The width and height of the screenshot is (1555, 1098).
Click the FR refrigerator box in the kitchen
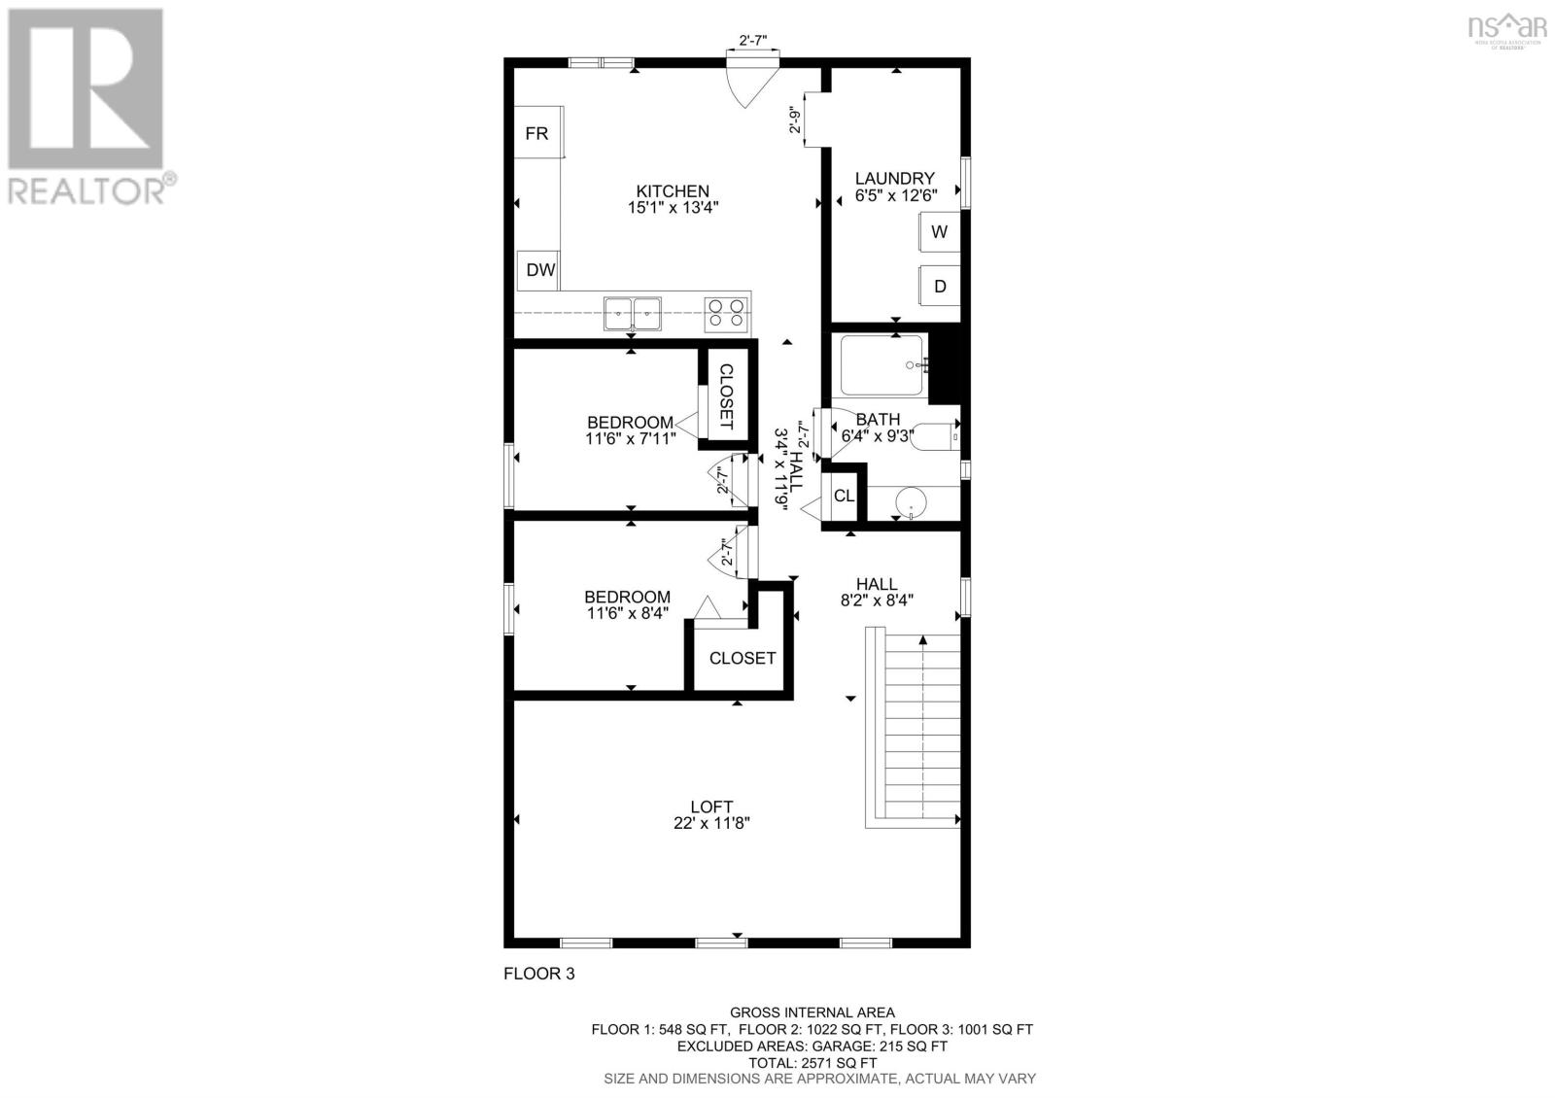537,133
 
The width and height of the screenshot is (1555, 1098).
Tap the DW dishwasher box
539,270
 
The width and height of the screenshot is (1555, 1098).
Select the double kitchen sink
632,313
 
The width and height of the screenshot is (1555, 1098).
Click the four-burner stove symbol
727,312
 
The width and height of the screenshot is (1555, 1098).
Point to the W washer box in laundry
939,231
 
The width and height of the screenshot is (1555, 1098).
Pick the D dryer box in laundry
939,287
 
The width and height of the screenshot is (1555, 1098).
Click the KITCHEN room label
673,191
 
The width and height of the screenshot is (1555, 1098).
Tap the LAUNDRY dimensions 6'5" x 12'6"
895,193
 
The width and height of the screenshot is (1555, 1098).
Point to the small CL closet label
844,496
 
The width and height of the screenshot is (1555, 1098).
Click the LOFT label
711,806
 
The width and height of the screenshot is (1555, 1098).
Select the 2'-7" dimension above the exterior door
753,41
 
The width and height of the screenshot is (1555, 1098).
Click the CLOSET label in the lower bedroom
743,658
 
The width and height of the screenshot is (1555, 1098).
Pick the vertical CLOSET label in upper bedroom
725,396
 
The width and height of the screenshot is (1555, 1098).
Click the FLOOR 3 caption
538,973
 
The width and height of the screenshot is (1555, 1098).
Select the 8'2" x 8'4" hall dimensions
877,600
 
